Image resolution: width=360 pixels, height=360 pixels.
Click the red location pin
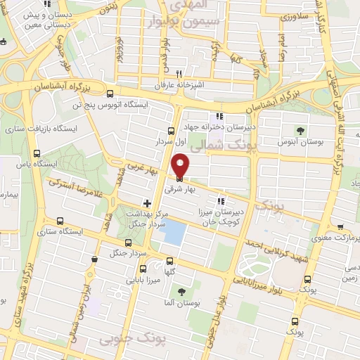181,166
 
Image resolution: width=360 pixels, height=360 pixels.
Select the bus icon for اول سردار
171,130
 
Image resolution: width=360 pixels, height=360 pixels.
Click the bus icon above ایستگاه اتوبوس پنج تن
109,94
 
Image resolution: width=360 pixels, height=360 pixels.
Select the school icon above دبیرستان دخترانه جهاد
220,117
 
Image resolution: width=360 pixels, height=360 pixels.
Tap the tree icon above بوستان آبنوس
301,130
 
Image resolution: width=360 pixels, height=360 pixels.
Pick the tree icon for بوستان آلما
183,291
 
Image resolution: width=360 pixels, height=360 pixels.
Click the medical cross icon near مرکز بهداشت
146,202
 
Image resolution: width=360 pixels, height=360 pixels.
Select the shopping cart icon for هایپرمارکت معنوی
340,229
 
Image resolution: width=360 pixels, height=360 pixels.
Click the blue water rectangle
173,233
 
